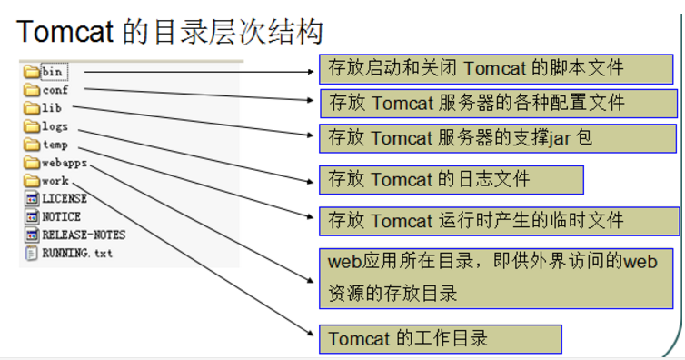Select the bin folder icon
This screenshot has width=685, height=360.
pyautogui.click(x=32, y=71)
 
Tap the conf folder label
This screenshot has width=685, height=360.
pyautogui.click(x=55, y=90)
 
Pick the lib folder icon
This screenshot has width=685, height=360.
pyautogui.click(x=32, y=108)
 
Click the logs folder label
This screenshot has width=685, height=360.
pyautogui.click(x=55, y=126)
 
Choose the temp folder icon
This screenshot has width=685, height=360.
pyautogui.click(x=32, y=145)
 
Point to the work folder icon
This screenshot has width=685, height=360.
pyautogui.click(x=32, y=181)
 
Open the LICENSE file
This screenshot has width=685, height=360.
pyautogui.click(x=64, y=198)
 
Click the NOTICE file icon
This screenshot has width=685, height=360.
pyautogui.click(x=32, y=217)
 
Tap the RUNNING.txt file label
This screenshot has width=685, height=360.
pyautogui.click(x=77, y=253)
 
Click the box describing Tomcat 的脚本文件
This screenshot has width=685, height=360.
pyautogui.click(x=498, y=67)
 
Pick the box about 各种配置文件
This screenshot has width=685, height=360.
pyautogui.click(x=498, y=102)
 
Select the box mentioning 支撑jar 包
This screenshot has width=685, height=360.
pyautogui.click(x=498, y=137)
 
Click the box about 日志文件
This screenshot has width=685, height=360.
pyautogui.click(x=451, y=179)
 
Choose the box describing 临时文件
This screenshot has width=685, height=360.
pyautogui.click(x=498, y=221)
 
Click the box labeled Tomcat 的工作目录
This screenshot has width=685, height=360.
pyautogui.click(x=440, y=339)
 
